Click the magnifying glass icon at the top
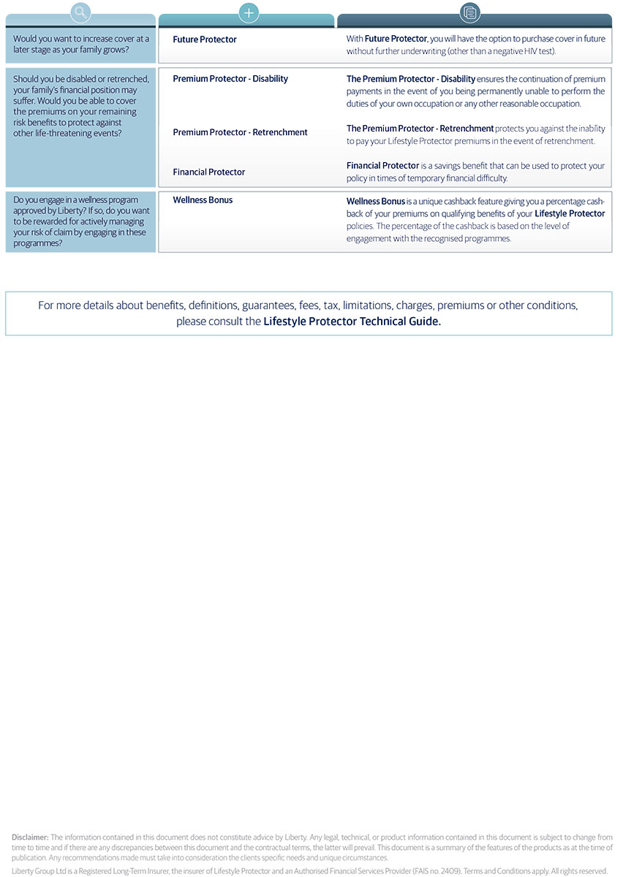coord(81,12)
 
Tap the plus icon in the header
coord(249,12)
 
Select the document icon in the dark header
coord(470,12)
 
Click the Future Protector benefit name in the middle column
coord(205,39)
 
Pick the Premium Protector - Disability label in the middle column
coord(230,79)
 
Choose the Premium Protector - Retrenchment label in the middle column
coord(240,132)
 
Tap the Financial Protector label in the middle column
coord(209,172)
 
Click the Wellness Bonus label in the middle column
coord(203,200)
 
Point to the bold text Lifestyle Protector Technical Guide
coord(352,322)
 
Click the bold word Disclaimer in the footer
coord(30,838)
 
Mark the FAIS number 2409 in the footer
coord(449,871)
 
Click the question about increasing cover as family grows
coord(81,45)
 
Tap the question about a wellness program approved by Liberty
coord(80,221)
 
